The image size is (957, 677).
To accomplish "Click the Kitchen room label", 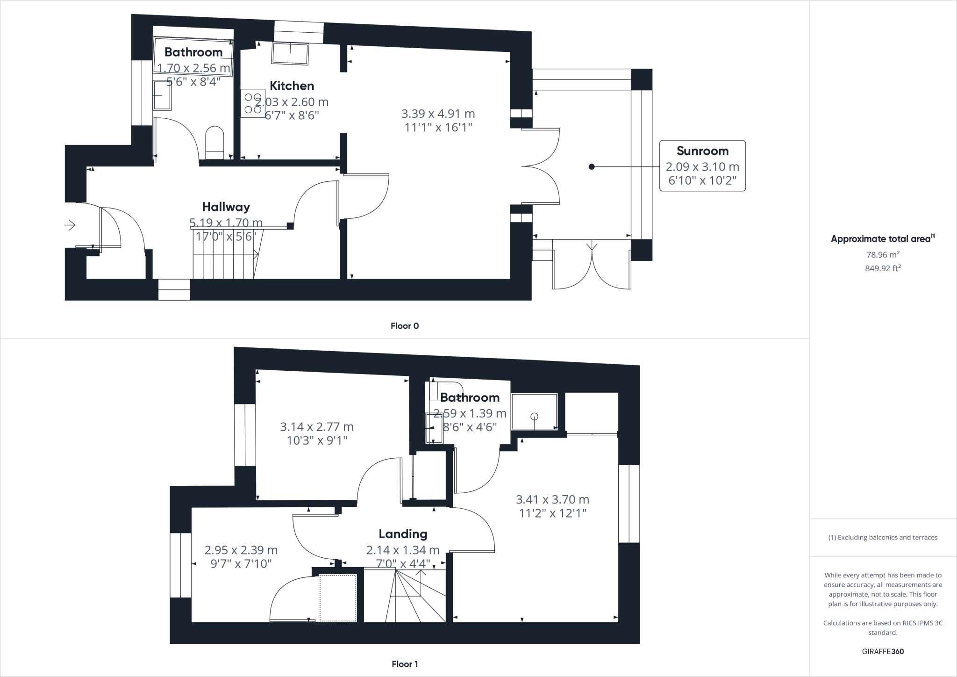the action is pos(292,86).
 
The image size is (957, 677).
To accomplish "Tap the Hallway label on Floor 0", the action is pos(226,207).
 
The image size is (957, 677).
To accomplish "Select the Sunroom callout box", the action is pos(702,166).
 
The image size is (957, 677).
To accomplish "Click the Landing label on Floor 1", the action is pos(403,533).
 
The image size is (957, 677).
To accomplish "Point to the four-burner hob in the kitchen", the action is pos(253,103).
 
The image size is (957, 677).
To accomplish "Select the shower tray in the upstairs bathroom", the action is pos(534,411).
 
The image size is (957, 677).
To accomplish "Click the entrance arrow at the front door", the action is pos(70,225).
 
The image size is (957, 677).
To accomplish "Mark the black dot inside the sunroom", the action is pos(592,166).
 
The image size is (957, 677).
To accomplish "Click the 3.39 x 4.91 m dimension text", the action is pos(438,114).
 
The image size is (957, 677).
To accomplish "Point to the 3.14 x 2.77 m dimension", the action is pos(317,427).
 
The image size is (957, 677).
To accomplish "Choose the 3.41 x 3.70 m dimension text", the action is pos(552,499).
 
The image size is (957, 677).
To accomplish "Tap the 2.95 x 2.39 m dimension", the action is pos(241,550).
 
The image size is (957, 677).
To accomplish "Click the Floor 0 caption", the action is pos(405,326).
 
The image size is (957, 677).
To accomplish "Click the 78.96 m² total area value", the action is pos(883,254).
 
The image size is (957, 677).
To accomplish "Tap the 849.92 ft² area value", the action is pos(883,268).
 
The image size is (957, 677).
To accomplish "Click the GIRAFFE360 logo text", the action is pos(883,651).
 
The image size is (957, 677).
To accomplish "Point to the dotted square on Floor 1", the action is pos(338,598).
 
